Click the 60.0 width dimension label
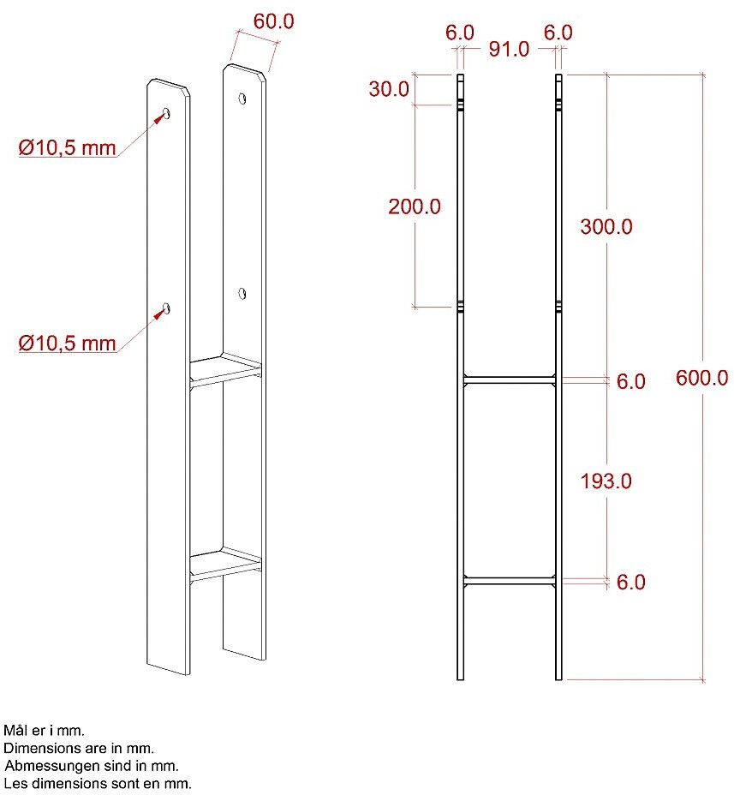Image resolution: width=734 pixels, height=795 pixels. (274, 21)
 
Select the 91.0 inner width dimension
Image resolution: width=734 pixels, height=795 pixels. (509, 49)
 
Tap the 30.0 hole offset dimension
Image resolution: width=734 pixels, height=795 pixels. (389, 89)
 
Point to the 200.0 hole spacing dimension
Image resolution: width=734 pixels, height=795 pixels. (415, 206)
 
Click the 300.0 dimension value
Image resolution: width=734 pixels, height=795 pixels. (606, 227)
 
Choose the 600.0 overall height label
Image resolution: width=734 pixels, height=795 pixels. (702, 379)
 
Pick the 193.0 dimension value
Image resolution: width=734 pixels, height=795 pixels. (606, 481)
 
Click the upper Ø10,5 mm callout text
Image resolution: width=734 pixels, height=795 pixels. (67, 148)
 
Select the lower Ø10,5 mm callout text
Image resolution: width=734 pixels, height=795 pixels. (67, 344)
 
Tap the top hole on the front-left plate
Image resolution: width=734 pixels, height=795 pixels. (166, 113)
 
